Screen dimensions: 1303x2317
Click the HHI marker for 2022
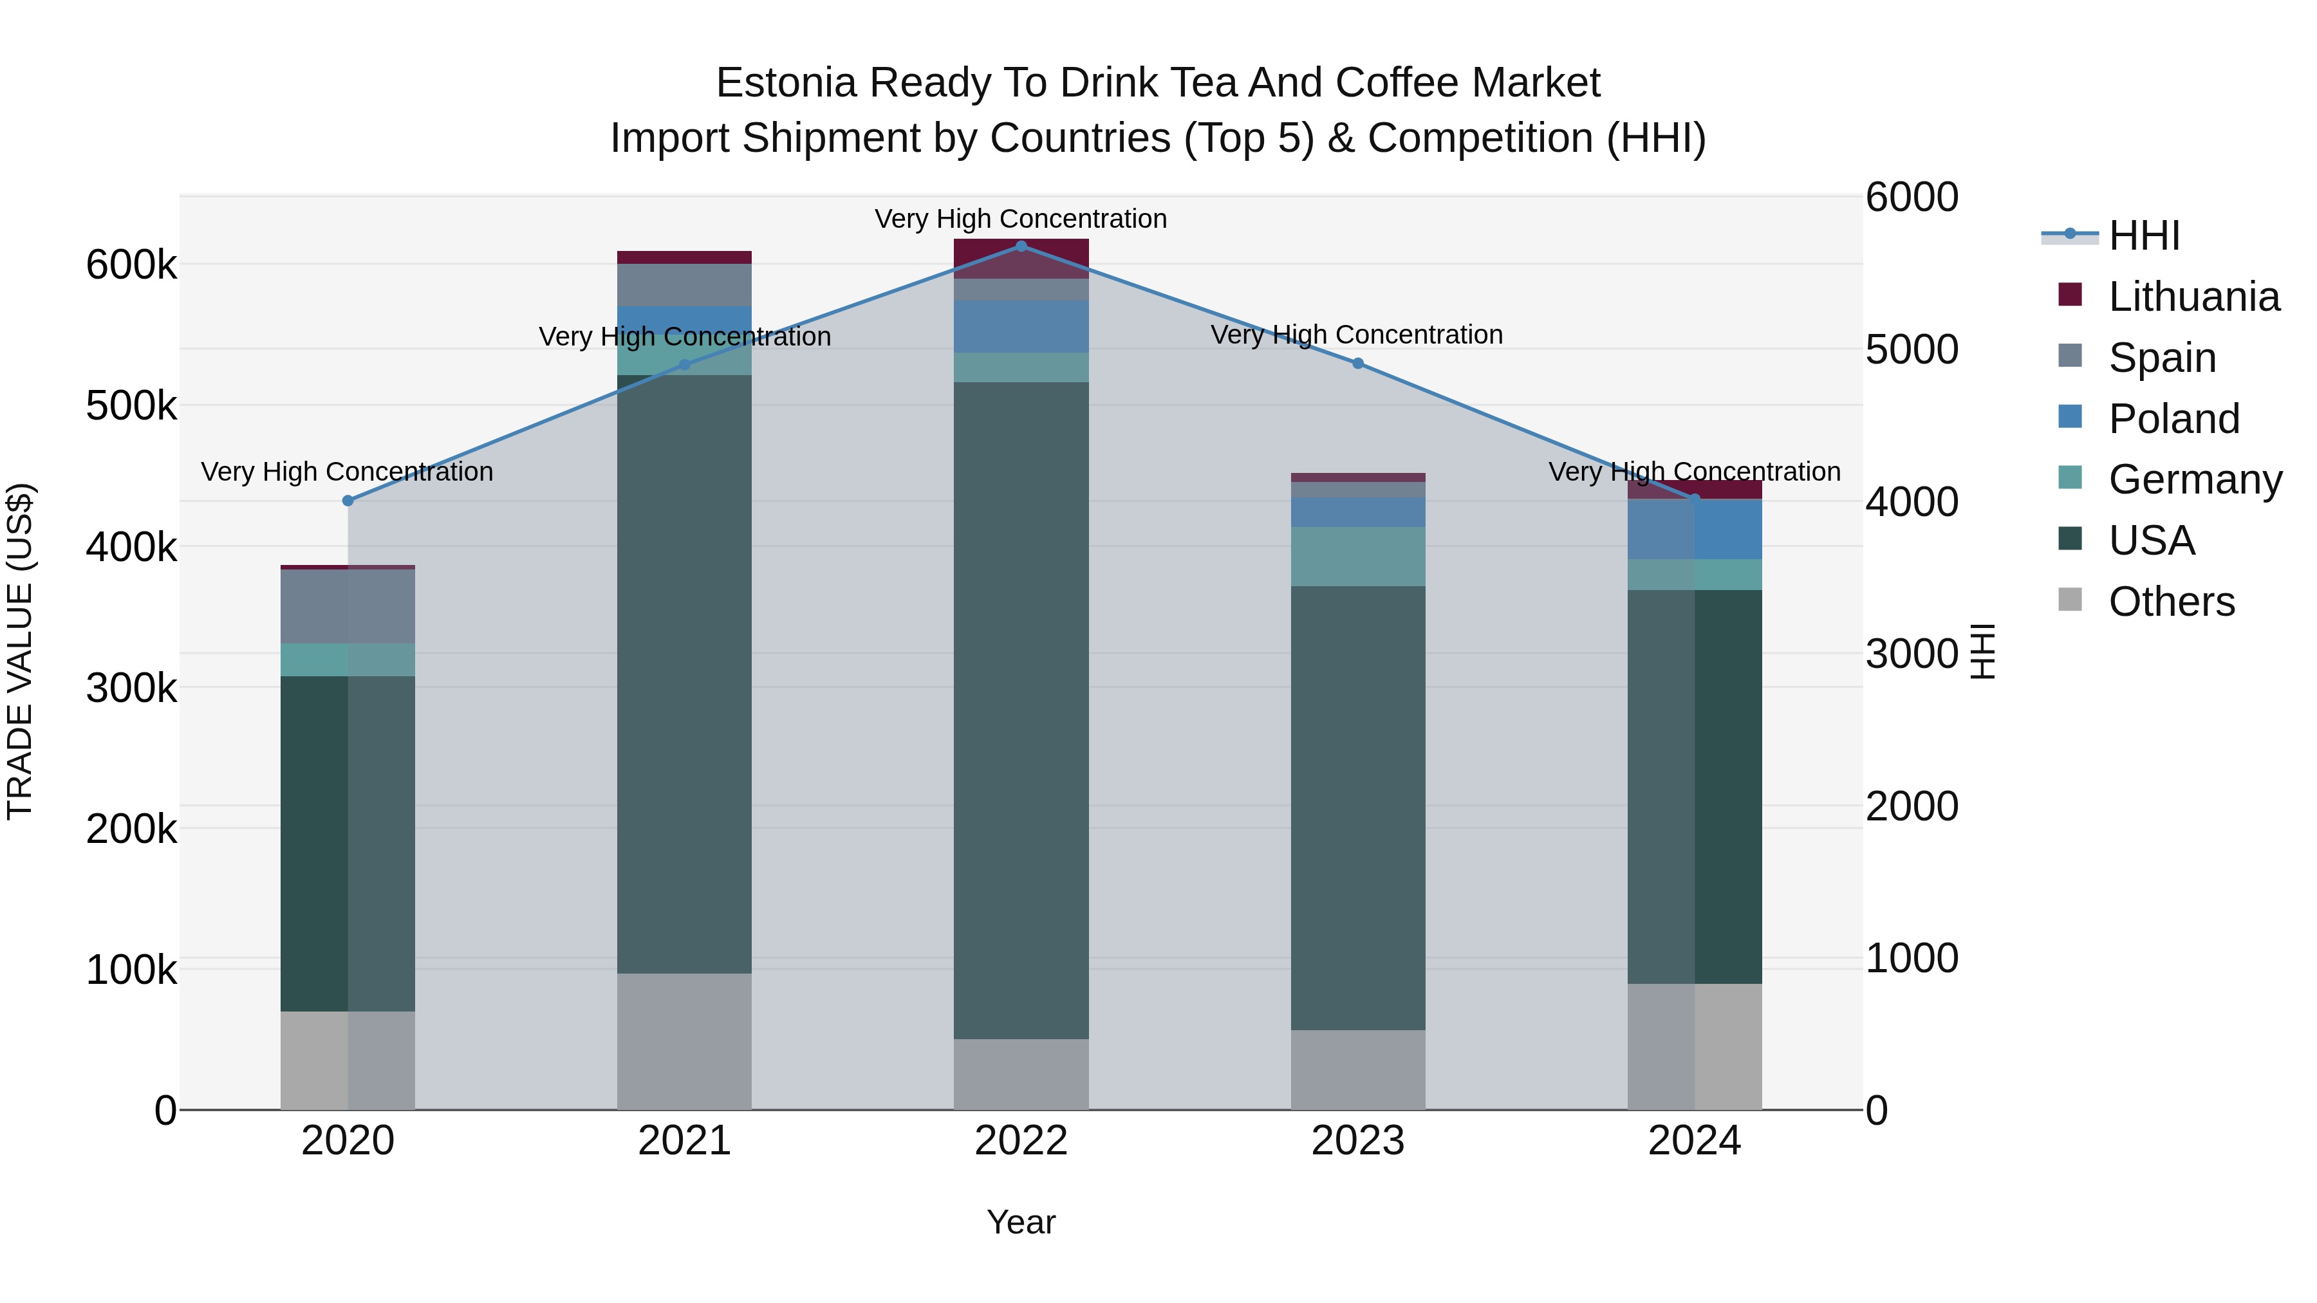(1021, 246)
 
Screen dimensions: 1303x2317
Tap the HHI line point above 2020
(348, 501)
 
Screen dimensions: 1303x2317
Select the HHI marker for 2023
(1358, 364)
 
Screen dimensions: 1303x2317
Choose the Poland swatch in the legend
(2070, 417)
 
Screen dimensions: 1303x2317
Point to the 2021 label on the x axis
(685, 1141)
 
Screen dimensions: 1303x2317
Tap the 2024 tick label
(1695, 1141)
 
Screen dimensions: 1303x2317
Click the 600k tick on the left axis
(131, 265)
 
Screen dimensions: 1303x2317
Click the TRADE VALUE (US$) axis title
(20, 651)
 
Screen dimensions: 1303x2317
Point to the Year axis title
(1021, 1222)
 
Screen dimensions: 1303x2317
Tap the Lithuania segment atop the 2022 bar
(1021, 258)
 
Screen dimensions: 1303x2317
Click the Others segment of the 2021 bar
(685, 1040)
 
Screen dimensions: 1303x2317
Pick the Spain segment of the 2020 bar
(348, 606)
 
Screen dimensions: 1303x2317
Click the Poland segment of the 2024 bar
(1695, 530)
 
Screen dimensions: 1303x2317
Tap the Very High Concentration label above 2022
(1021, 219)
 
